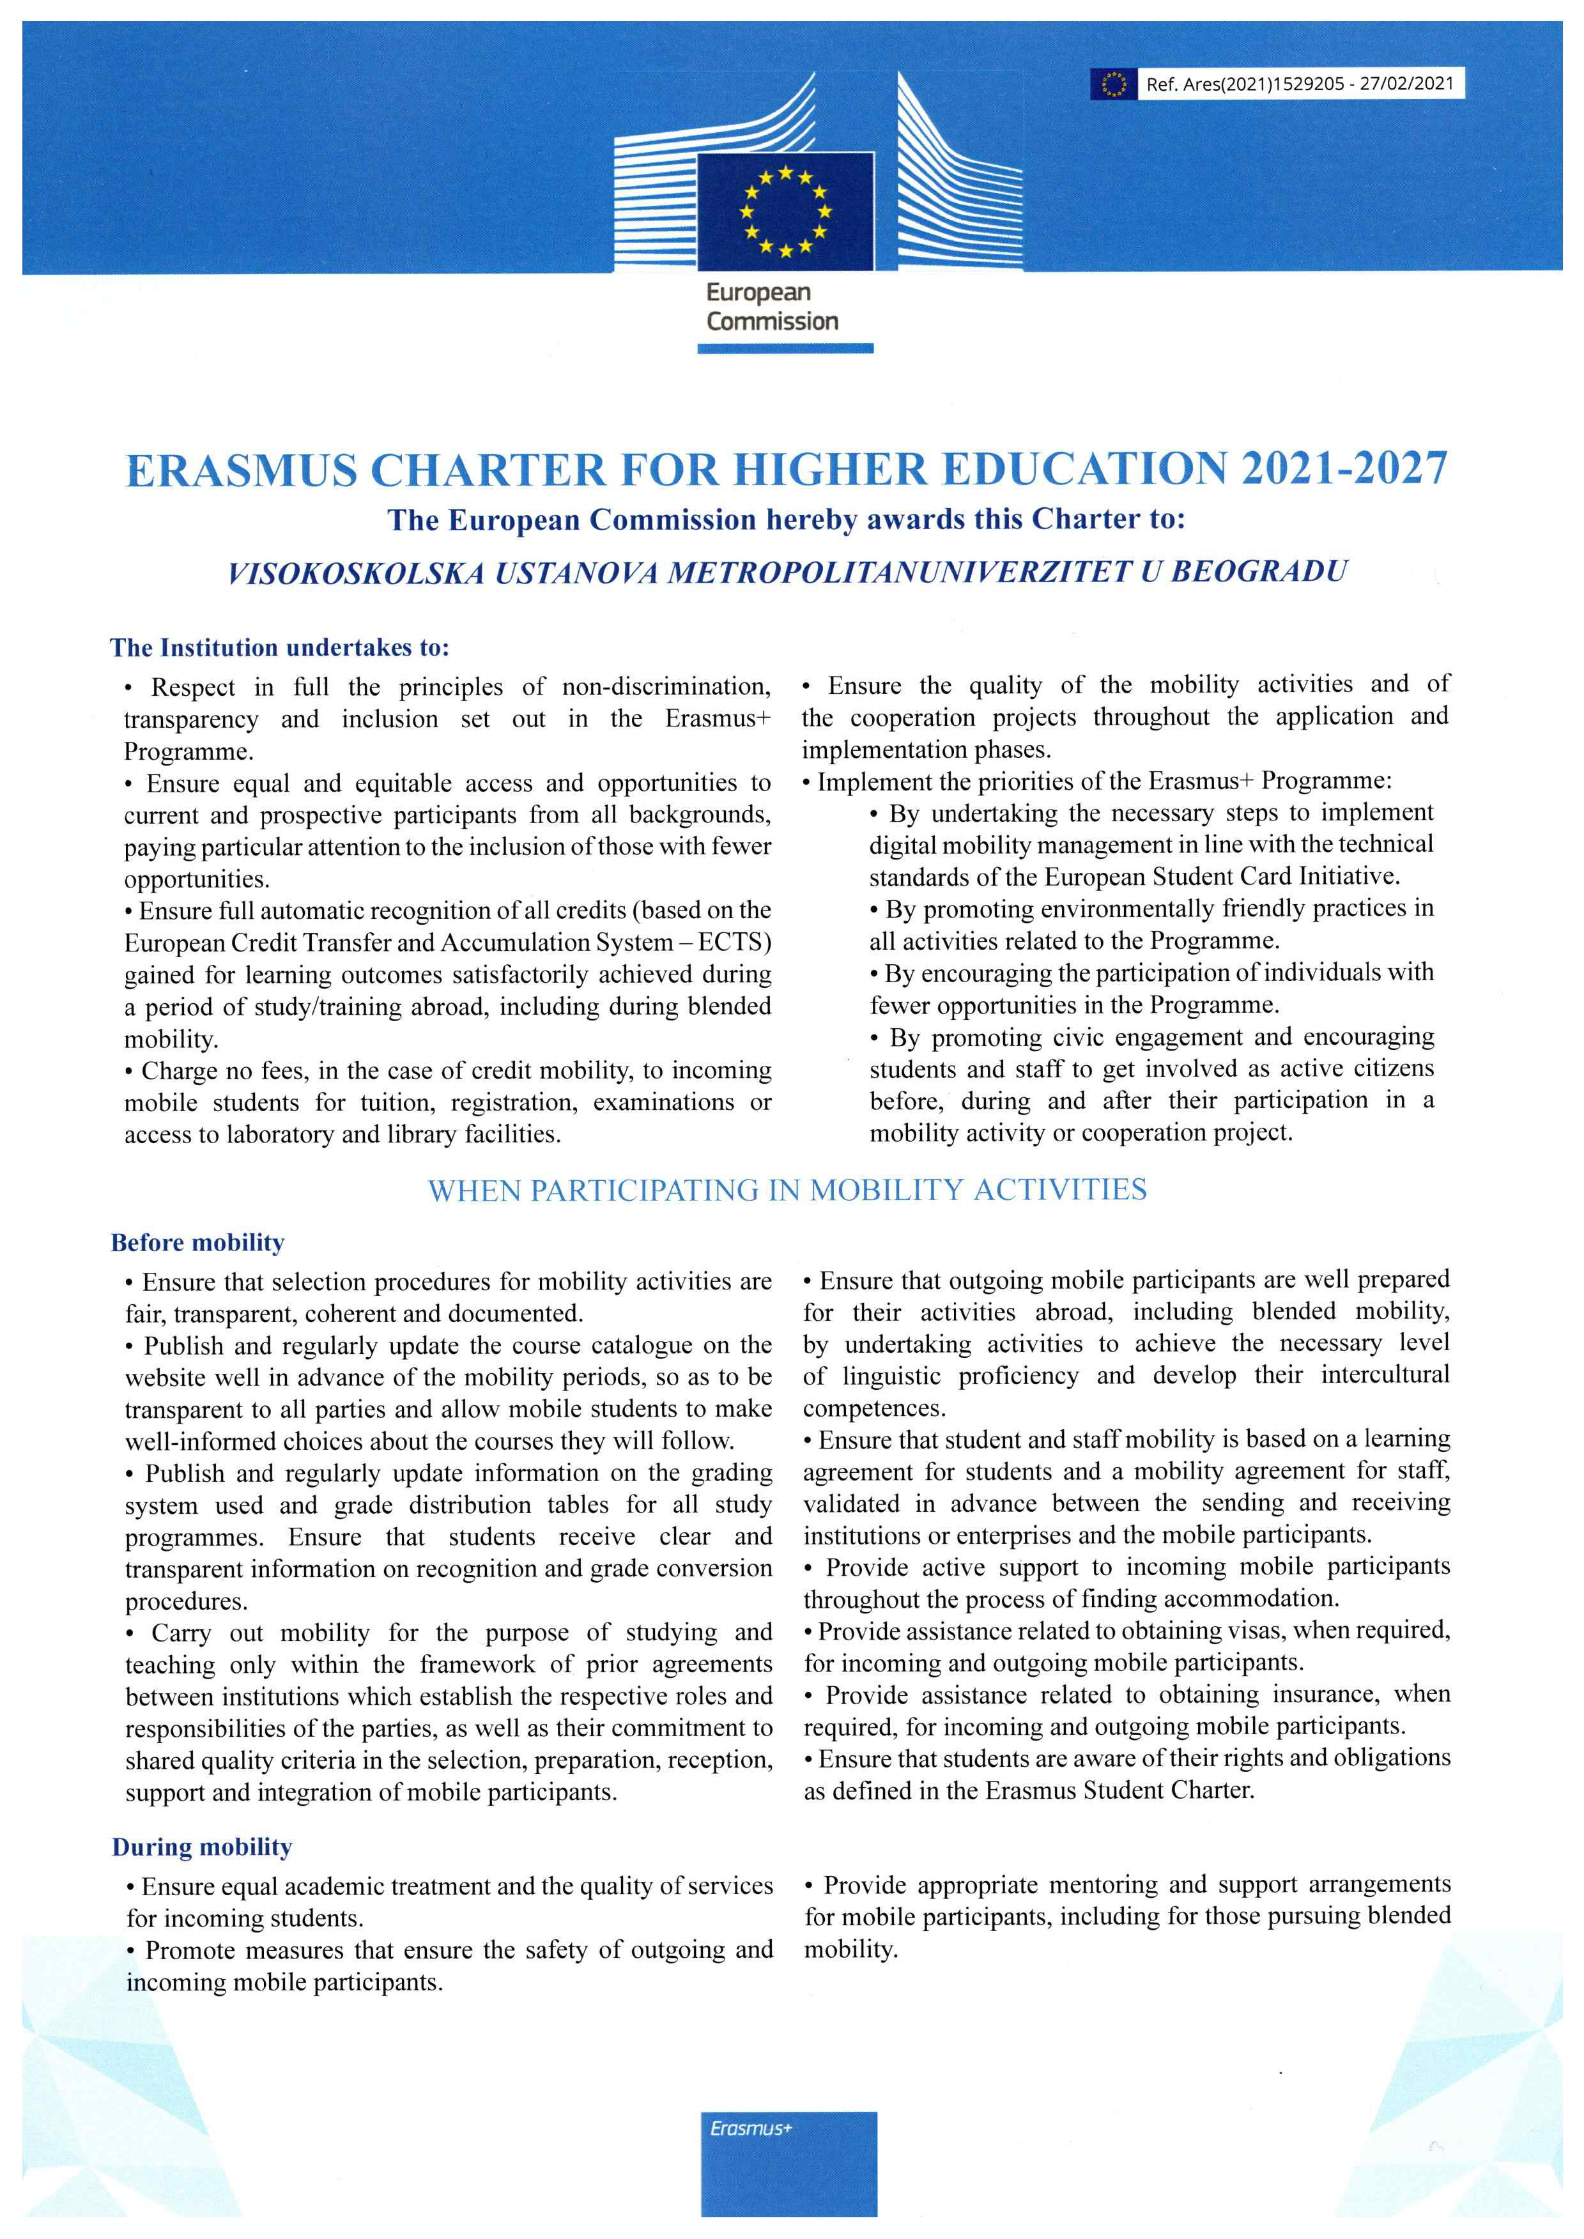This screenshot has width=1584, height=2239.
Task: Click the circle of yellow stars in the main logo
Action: [x=785, y=210]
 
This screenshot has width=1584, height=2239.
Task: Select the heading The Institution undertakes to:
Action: [x=280, y=647]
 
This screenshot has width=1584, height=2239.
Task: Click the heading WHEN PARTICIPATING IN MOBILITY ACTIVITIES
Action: [x=787, y=1190]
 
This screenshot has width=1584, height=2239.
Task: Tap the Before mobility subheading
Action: [x=198, y=1242]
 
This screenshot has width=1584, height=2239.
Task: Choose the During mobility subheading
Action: [x=202, y=1847]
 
